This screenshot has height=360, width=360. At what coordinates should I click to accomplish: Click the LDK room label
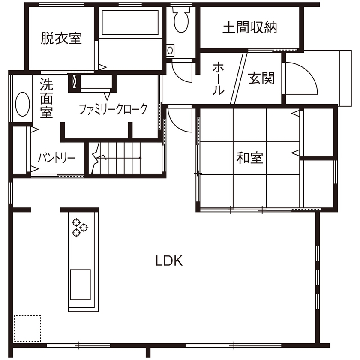coord(169,261)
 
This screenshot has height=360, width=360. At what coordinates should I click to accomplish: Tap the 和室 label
coord(249,158)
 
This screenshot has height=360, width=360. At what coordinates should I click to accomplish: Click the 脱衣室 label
coord(61,39)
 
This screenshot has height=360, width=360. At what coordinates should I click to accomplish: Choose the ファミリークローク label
coord(113,109)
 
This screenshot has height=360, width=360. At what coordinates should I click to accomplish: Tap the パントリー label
coord(56,158)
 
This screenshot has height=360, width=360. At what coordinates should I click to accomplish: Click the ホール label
coord(218,78)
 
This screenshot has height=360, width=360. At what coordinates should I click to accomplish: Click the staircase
coord(124,158)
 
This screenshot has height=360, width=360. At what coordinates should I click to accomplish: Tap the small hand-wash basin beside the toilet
coord(171,51)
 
